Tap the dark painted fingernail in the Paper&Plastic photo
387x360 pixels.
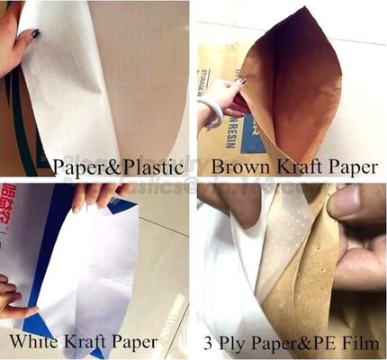[34, 33]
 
